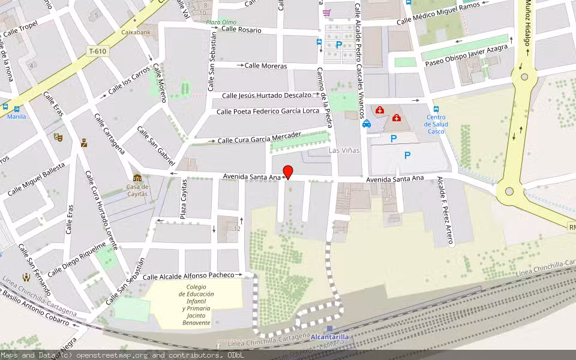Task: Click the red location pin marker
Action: pos(287,172)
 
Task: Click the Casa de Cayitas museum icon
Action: pos(137,178)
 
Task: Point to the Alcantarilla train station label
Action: pos(329,337)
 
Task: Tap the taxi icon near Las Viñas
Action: pos(366,124)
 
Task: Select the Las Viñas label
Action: pos(344,151)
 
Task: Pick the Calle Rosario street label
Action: pos(241,29)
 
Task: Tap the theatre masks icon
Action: pos(58,137)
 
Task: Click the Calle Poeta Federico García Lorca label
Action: pos(268,111)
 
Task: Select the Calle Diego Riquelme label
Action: pos(77,259)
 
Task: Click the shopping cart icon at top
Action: pos(326,12)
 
